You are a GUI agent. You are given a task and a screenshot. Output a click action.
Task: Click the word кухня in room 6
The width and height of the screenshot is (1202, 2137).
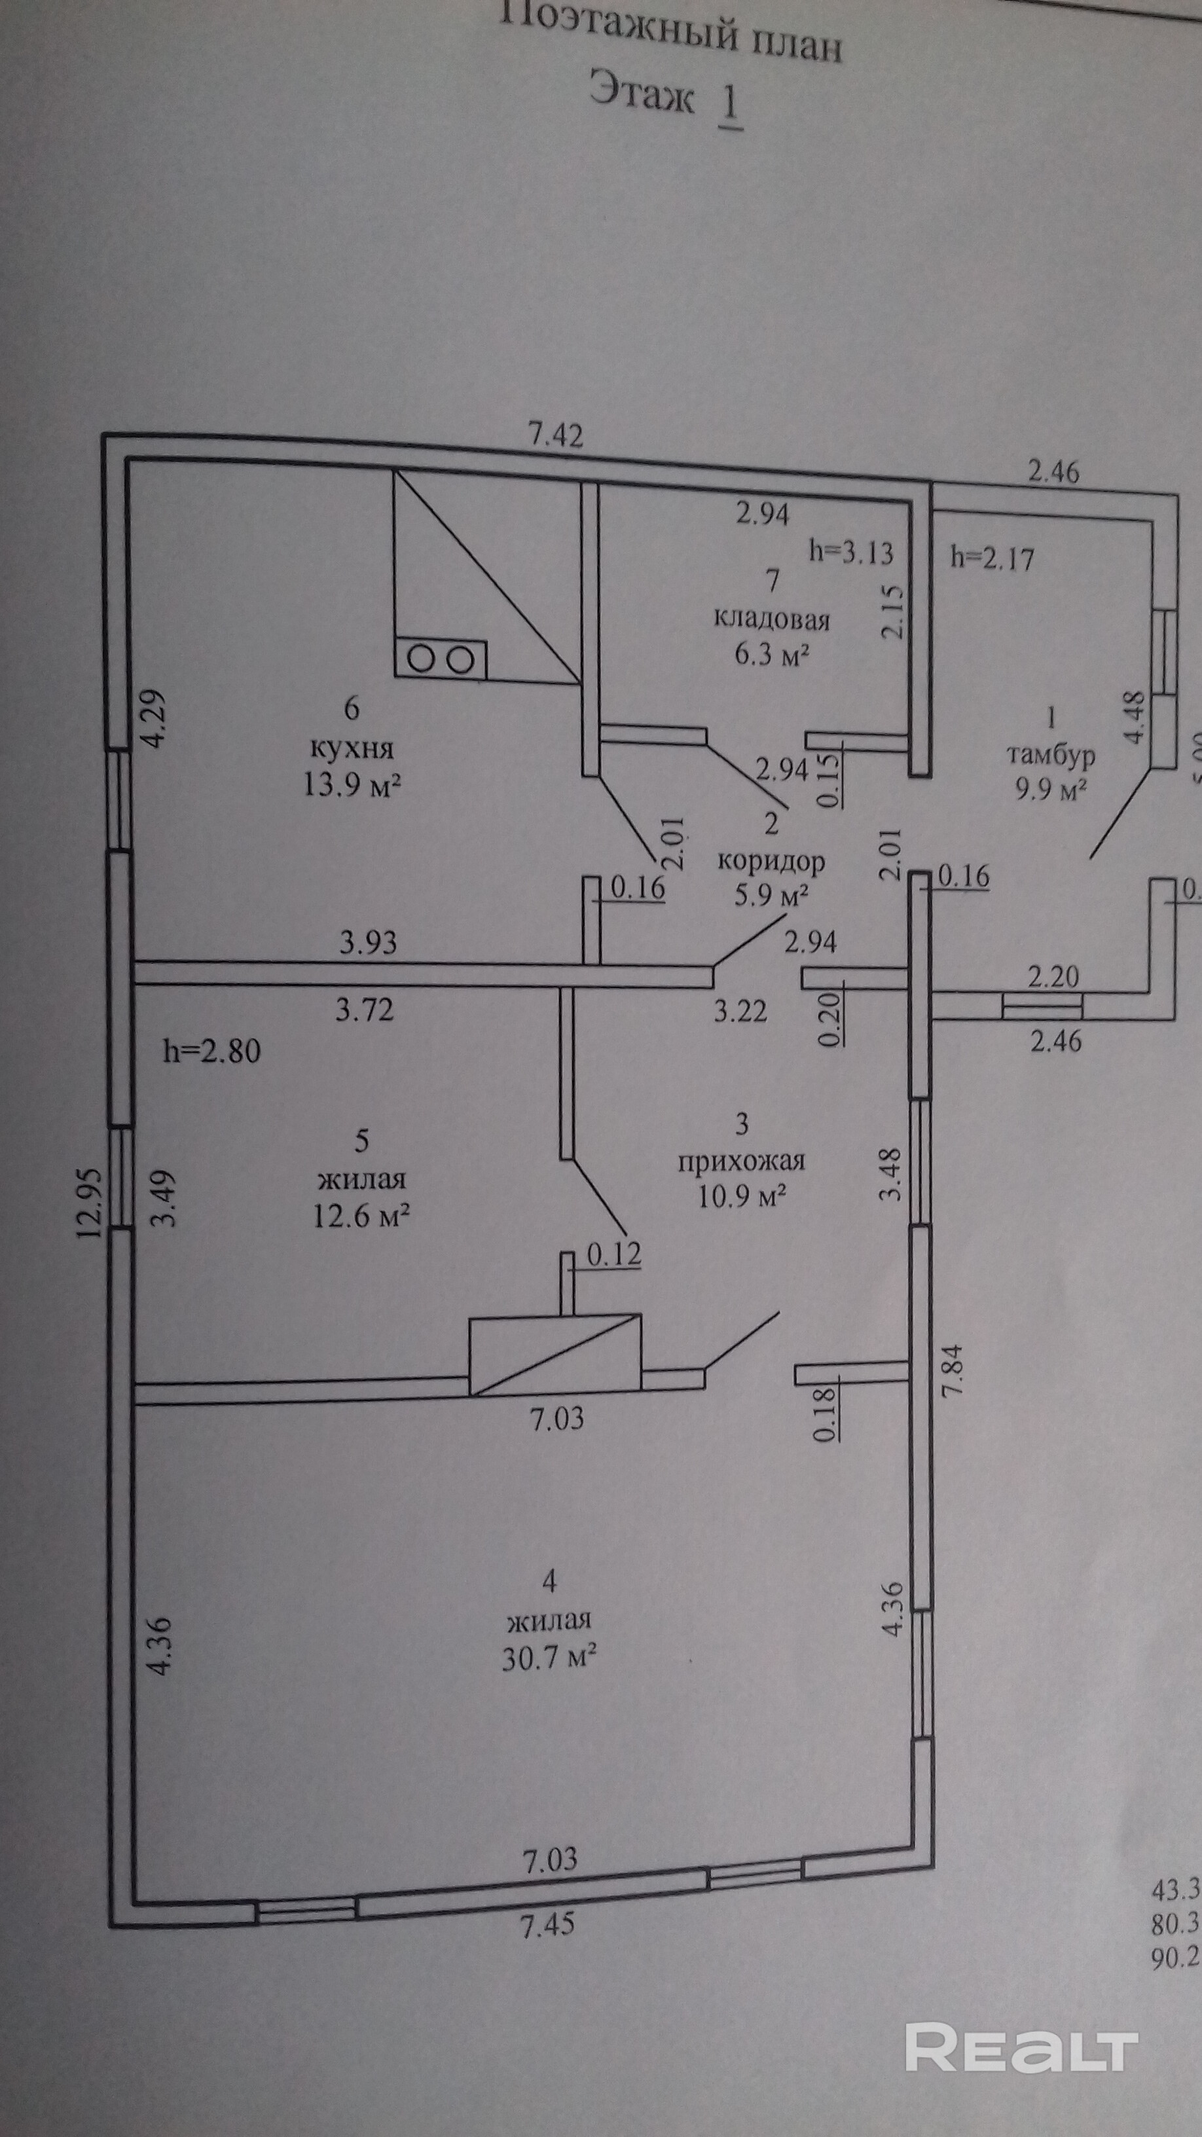click(352, 748)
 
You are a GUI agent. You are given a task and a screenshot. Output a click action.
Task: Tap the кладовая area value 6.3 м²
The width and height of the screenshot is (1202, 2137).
click(771, 655)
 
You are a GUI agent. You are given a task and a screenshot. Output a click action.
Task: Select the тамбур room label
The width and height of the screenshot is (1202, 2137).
click(1050, 755)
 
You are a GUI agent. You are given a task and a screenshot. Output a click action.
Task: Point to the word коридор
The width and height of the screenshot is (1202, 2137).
click(771, 861)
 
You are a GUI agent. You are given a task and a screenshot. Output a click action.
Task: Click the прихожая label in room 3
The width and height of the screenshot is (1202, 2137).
click(742, 1161)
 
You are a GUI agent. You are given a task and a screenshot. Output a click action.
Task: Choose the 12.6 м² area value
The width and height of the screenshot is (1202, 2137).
click(361, 1216)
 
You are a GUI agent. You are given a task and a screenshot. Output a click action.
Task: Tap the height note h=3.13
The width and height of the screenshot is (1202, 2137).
click(851, 552)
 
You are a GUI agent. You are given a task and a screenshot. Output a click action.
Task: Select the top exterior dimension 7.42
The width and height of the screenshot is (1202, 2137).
click(556, 435)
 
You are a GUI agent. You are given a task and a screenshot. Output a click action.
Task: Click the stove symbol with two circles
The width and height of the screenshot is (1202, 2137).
click(441, 659)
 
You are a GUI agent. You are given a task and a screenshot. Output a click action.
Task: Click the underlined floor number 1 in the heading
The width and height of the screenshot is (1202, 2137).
click(730, 105)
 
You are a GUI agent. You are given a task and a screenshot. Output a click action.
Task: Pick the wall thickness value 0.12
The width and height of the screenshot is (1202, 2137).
click(615, 1254)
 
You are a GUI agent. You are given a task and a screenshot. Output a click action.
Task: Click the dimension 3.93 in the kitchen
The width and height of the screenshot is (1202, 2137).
click(367, 942)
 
